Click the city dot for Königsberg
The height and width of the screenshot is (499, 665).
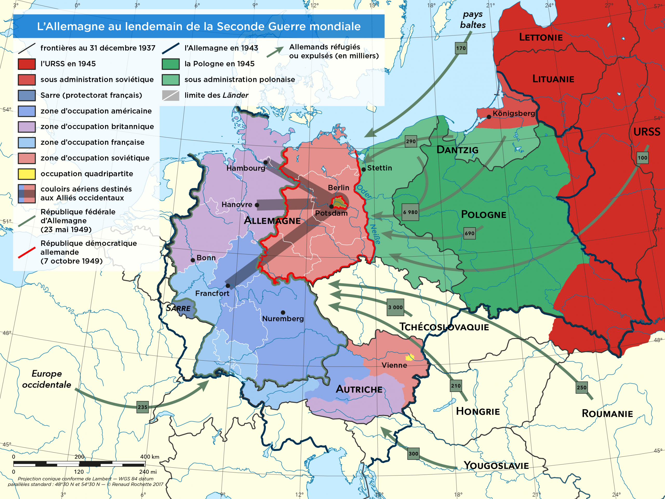tap(489, 117)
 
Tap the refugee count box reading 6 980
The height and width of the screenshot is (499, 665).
tap(410, 212)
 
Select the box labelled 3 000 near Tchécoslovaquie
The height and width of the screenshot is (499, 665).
tap(395, 307)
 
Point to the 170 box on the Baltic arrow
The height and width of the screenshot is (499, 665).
tap(461, 48)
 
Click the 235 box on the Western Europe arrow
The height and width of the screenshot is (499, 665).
tap(143, 407)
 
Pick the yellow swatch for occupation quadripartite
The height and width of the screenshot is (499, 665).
tap(27, 174)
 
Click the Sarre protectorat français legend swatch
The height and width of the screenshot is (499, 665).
tap(27, 95)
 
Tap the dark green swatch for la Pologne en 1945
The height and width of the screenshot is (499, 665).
tap(170, 64)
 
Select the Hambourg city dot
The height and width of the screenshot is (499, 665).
tap(265, 162)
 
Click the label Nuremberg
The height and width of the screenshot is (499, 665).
tap(283, 319)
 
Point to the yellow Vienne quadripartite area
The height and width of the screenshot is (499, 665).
tap(410, 357)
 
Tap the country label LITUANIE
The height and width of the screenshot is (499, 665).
tap(553, 79)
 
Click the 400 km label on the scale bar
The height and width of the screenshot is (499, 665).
tap(149, 457)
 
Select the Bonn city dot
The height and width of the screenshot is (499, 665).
tap(193, 260)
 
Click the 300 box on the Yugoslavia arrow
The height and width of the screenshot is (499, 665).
tap(413, 454)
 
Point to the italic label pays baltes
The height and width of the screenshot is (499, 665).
tap(473, 19)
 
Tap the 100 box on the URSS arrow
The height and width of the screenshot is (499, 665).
tap(642, 157)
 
